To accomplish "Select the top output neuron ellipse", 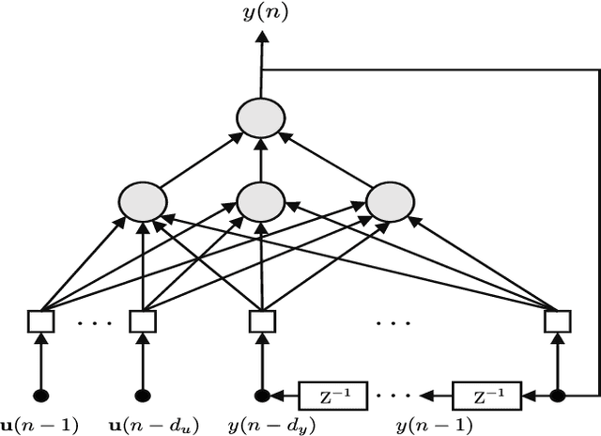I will tap(261, 119).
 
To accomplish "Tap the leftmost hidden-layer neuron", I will tap(143, 202).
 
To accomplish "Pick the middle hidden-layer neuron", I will tap(261, 201).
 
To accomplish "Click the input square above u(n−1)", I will tap(40, 321).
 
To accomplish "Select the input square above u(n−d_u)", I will tap(143, 321).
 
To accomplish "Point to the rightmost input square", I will tap(558, 321).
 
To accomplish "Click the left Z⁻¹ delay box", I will tap(332, 395).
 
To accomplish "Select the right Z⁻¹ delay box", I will tap(485, 395).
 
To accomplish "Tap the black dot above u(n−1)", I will tap(40, 395).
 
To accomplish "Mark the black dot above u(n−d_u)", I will tap(143, 395).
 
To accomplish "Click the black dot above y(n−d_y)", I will tap(262, 395).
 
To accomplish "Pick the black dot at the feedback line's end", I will tap(558, 395).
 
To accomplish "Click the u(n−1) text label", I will tap(40, 423).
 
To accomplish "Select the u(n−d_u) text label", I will tap(143, 423).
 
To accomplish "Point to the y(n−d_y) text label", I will tap(262, 423).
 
